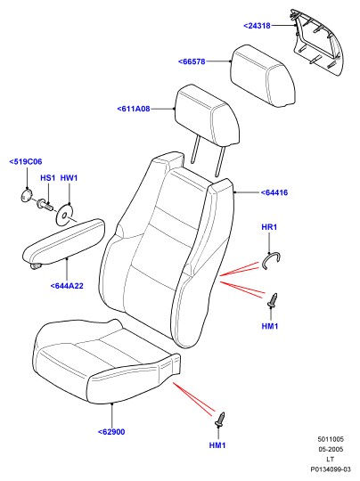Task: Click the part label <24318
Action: [258, 26]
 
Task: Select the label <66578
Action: [192, 61]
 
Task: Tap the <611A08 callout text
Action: [134, 109]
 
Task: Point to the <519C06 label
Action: [26, 161]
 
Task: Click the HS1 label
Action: [47, 178]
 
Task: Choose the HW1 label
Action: [69, 178]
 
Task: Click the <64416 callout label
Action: [274, 192]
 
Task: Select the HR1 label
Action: [269, 227]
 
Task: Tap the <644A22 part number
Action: [67, 286]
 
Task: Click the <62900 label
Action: [111, 432]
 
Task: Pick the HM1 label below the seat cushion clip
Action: [217, 445]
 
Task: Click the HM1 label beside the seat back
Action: [270, 326]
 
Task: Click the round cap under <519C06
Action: [26, 196]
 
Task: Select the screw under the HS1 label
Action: [45, 204]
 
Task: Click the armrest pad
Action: [64, 243]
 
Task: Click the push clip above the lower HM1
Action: [220, 420]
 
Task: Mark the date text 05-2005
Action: [331, 450]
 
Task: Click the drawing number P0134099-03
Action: [331, 469]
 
